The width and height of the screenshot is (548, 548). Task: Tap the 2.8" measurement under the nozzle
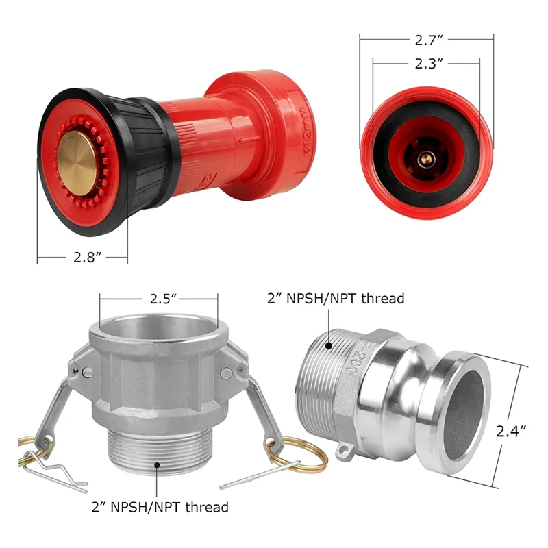pos(83,258)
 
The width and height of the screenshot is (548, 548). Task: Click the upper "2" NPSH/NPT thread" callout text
pos(336,298)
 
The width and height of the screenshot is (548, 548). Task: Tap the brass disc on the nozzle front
pos(76,163)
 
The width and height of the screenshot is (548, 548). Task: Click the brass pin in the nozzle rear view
pos(425,159)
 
